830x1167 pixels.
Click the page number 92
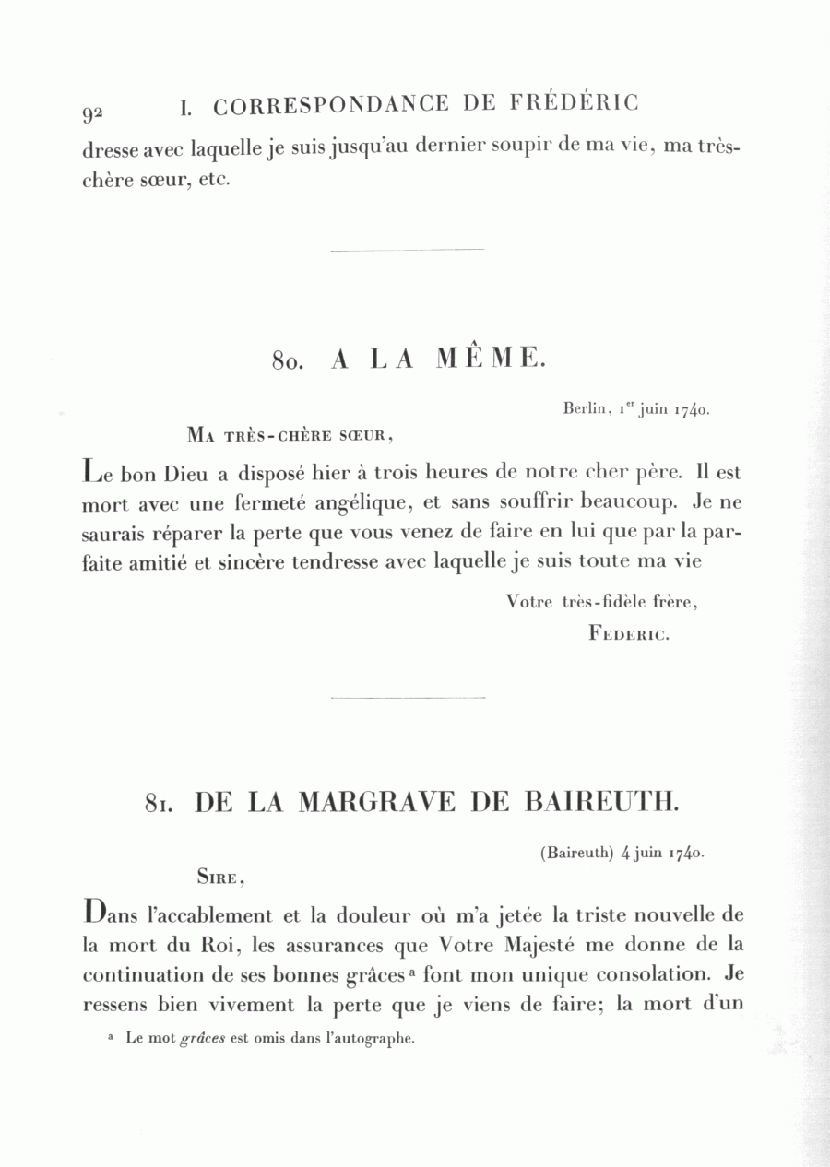92,112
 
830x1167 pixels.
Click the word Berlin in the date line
587,407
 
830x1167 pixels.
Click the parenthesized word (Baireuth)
577,853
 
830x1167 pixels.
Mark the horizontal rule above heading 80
407,250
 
